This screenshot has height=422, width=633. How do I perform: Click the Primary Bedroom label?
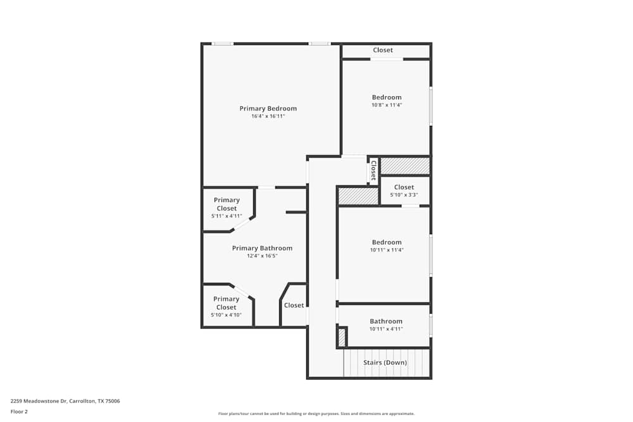coord(268,108)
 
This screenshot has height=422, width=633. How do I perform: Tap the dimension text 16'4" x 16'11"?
coord(268,116)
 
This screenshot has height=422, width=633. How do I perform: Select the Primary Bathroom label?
coord(262,248)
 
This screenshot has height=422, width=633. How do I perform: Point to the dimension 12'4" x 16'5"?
coord(262,256)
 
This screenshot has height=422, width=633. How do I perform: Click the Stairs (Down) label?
coord(385,363)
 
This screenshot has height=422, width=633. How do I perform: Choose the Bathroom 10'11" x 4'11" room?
coord(386,325)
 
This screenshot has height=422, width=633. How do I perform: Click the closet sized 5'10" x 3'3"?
coord(404,190)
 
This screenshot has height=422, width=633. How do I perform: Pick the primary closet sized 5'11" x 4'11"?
coord(227,208)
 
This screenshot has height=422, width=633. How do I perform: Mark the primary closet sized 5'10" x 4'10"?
coord(226,306)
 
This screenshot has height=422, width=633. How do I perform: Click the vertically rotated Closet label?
coord(373,170)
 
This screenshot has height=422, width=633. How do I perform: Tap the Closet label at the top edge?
coord(383,50)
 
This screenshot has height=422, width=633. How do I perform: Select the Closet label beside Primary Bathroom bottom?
coord(294,305)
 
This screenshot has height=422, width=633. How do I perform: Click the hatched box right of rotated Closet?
coord(405,166)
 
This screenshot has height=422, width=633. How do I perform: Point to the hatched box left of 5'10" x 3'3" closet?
coord(358,196)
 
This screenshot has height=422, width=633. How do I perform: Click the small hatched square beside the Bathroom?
coord(342,337)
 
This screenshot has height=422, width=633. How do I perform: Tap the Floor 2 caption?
coord(20,411)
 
